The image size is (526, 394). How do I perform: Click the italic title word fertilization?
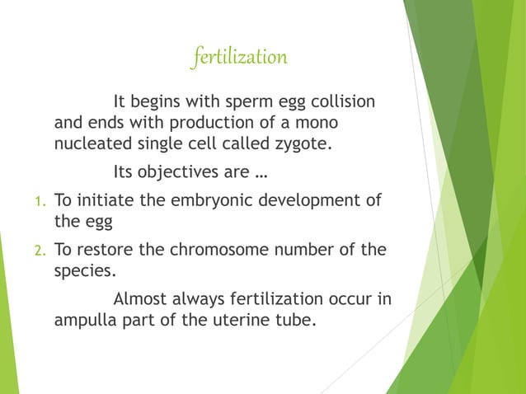[x=238, y=59]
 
